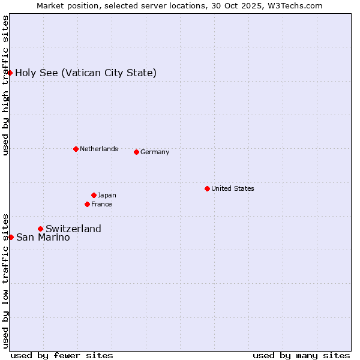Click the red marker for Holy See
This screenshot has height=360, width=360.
(10, 73)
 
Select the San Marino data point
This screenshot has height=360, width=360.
(11, 237)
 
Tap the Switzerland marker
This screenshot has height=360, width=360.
(40, 229)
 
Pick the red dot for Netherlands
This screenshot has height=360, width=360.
(76, 149)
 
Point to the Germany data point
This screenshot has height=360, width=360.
(136, 152)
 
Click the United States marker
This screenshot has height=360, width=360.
(207, 188)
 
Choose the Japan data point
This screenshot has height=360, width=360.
(94, 195)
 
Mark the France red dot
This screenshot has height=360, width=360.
(87, 204)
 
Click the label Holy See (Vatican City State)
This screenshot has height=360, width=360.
(86, 73)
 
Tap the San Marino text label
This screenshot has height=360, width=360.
(43, 238)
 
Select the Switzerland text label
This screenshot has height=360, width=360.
(73, 229)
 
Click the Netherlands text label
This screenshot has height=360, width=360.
(98, 149)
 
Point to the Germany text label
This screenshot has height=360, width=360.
(155, 152)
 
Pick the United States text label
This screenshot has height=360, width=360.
(232, 188)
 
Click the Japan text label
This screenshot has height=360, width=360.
(107, 195)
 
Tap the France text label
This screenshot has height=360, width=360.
(101, 204)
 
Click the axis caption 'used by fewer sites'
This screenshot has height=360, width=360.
(62, 355)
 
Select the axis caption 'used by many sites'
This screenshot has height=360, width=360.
(301, 355)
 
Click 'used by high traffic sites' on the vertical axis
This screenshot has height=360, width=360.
(6, 85)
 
